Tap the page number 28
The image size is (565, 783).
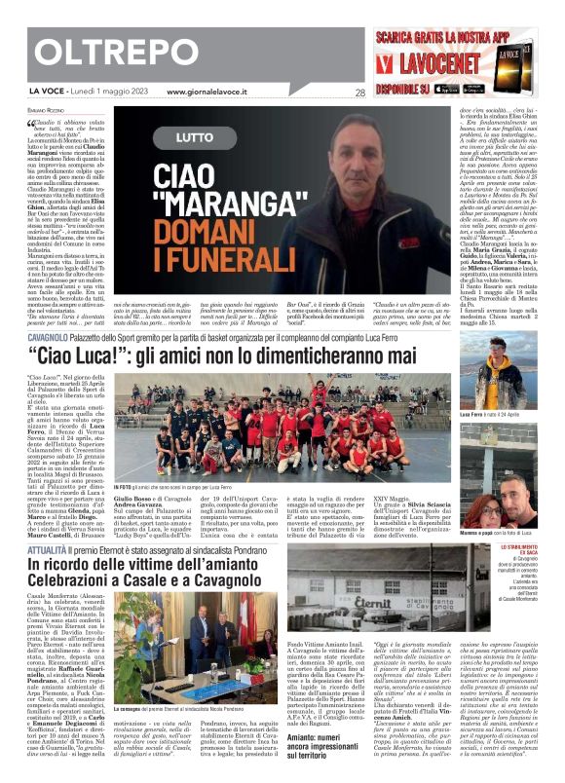click(359, 93)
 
